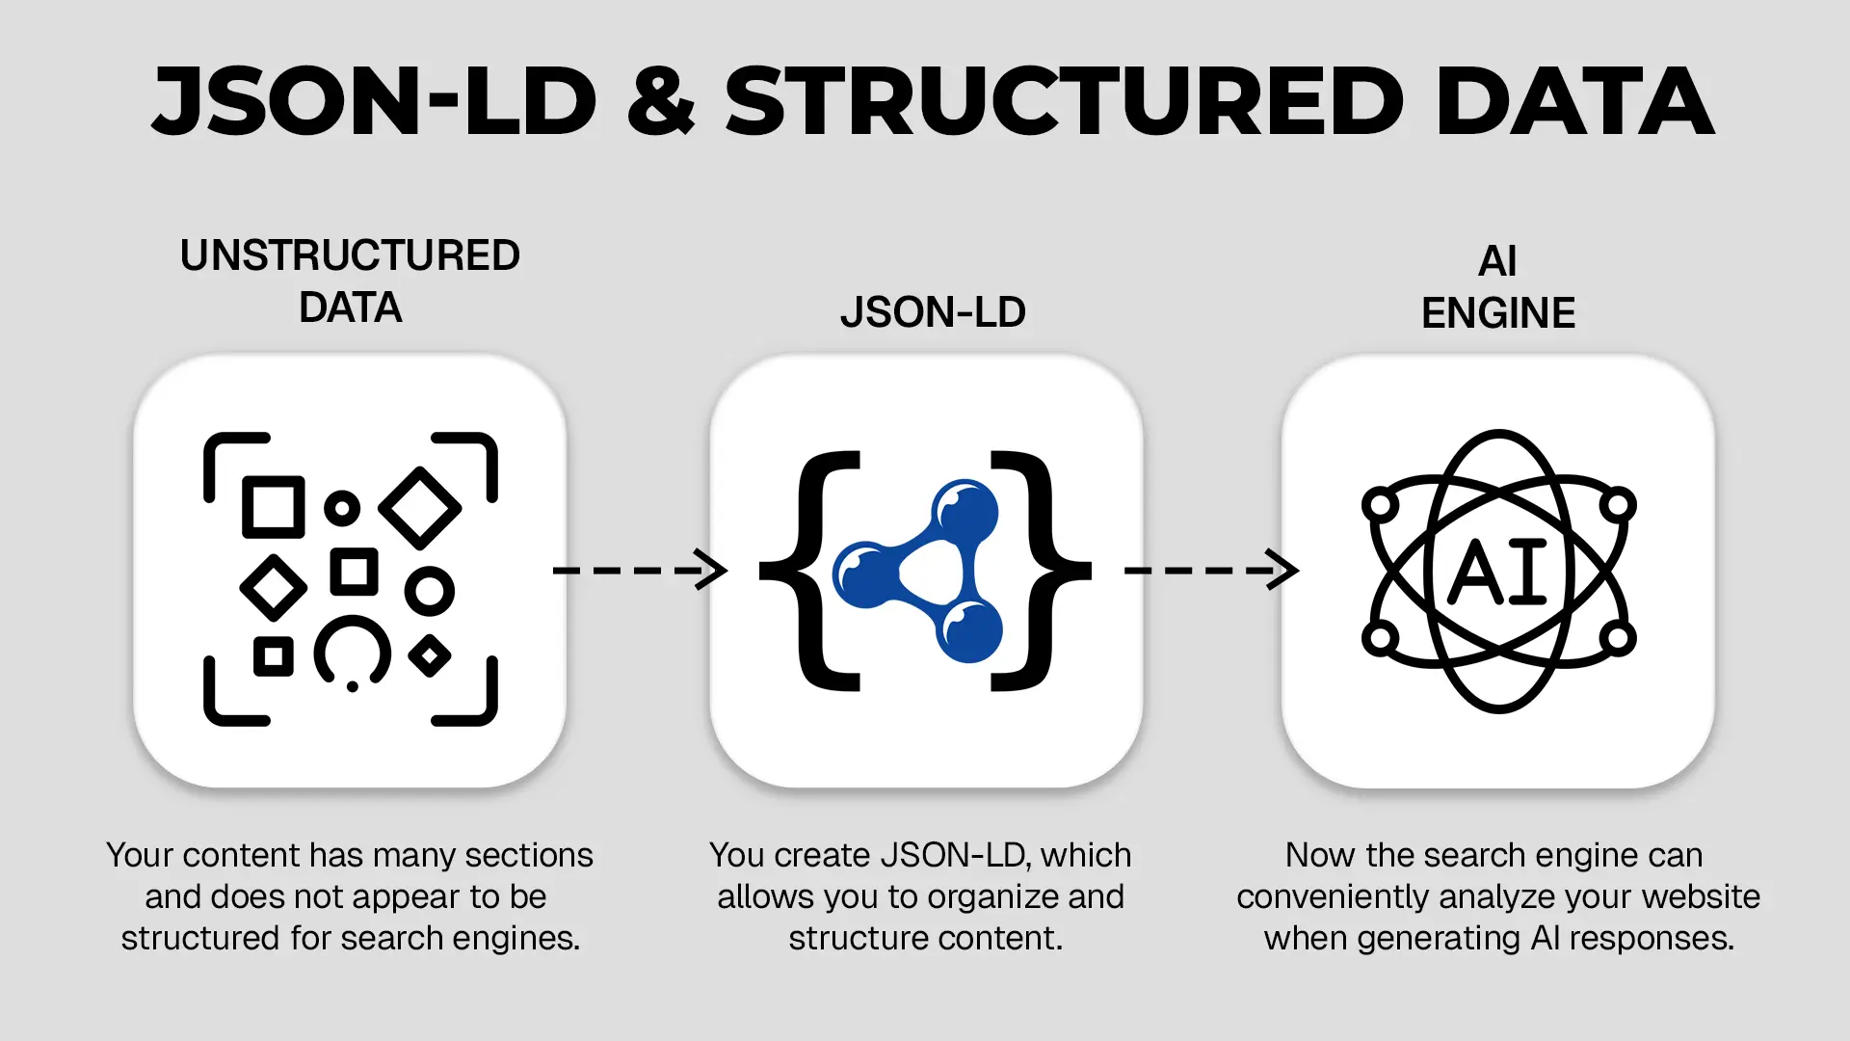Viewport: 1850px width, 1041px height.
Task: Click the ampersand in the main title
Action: click(x=661, y=102)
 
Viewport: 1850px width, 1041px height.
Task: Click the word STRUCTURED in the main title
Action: click(x=1064, y=102)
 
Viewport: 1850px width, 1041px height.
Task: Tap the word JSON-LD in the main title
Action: click(x=376, y=102)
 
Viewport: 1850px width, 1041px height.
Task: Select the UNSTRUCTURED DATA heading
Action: click(x=350, y=281)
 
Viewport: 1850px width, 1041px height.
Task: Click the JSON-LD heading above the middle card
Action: click(x=933, y=312)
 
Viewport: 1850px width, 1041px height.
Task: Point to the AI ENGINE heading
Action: click(x=1498, y=287)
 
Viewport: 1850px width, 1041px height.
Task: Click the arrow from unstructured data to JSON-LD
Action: click(x=640, y=570)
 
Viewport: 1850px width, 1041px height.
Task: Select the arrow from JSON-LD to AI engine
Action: click(x=1211, y=570)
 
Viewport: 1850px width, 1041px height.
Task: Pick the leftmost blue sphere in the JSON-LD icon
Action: click(x=865, y=574)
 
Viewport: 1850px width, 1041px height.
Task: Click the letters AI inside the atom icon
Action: click(x=1498, y=573)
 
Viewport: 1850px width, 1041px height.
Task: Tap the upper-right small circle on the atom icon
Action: click(x=1617, y=504)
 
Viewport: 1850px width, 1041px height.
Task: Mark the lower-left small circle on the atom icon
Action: click(x=1380, y=637)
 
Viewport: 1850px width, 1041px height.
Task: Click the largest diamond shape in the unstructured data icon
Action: click(x=420, y=507)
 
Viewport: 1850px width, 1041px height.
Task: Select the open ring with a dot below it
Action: click(x=353, y=653)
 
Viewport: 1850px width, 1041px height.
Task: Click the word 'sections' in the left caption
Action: click(x=528, y=855)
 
